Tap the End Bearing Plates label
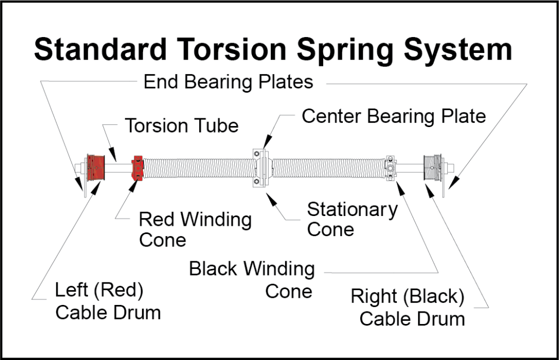[x=228, y=82]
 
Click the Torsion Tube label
[x=182, y=125]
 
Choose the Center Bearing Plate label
[x=394, y=116]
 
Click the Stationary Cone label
[x=352, y=219]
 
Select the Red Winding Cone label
[x=195, y=229]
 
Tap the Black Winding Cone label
[x=252, y=279]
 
